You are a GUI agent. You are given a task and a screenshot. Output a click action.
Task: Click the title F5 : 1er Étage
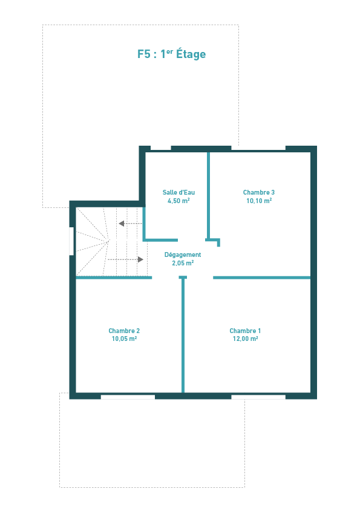point(172,54)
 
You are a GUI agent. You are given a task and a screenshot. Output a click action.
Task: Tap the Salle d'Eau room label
point(178,192)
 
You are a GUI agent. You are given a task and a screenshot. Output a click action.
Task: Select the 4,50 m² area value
point(178,201)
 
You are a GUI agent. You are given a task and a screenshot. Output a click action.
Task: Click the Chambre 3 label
point(259,192)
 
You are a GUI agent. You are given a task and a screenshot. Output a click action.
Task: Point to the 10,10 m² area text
point(259,201)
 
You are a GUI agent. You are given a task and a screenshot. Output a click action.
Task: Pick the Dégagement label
point(183,255)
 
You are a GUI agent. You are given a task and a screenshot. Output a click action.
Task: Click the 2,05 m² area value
point(183,263)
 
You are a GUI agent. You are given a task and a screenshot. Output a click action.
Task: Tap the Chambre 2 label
point(124,331)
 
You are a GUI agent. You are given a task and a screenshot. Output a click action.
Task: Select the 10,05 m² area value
point(124,339)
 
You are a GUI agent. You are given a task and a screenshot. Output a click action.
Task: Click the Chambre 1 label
point(245,331)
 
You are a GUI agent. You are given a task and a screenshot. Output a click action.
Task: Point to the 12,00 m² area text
point(245,339)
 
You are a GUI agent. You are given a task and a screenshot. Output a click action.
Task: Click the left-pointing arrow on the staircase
point(130,223)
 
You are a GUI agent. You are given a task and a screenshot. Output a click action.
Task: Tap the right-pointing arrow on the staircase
point(125,259)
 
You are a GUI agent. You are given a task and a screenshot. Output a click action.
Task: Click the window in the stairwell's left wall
point(71,241)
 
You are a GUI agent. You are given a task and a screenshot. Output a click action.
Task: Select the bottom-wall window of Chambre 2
point(128,397)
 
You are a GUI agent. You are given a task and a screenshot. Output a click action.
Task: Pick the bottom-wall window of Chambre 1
point(258,397)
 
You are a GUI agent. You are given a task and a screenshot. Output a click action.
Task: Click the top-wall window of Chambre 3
point(258,148)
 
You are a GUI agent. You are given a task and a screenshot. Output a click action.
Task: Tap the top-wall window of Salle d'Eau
point(160,148)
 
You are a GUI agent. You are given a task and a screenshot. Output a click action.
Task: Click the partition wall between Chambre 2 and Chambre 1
point(183,334)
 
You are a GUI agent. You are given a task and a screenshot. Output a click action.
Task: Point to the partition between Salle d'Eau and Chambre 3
point(209,196)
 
